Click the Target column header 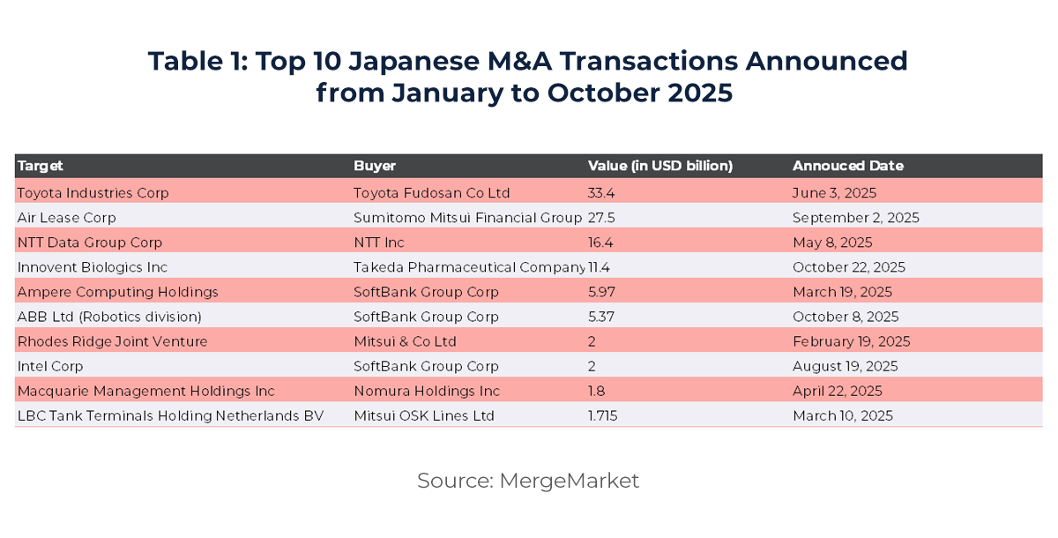click(41, 166)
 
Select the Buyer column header click(375, 166)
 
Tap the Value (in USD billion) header click(660, 166)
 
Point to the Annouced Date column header click(847, 166)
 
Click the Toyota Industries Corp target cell click(93, 192)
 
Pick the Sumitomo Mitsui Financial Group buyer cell click(467, 217)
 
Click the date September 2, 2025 click(855, 217)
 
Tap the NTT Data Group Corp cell click(90, 242)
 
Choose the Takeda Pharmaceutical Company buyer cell click(469, 266)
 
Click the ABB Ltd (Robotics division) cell click(109, 317)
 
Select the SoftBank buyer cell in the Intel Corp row click(426, 366)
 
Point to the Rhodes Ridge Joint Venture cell click(112, 341)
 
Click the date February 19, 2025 click(851, 341)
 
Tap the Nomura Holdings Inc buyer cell click(427, 391)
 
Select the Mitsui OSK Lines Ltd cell click(424, 415)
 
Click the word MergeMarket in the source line click(569, 481)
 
